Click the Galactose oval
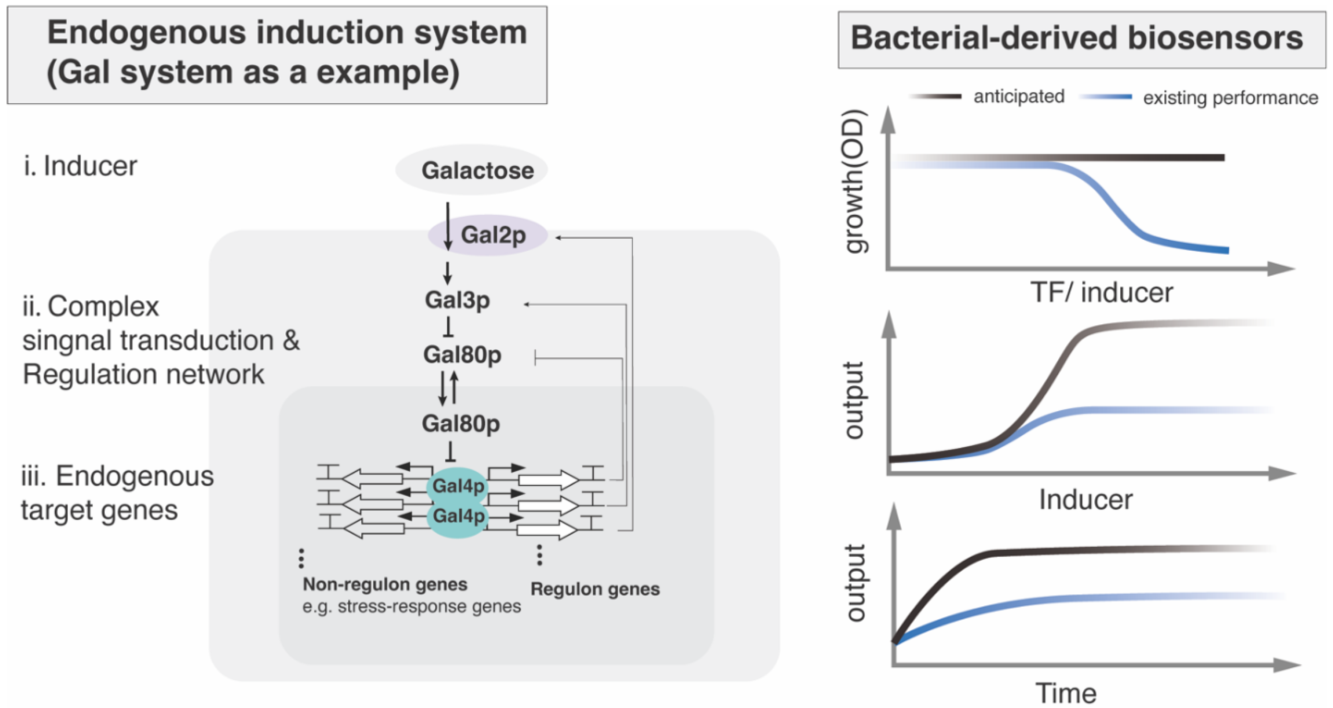click(472, 170)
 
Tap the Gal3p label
click(457, 300)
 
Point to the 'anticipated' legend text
click(1018, 97)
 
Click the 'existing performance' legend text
click(1230, 98)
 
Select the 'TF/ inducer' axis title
click(1101, 293)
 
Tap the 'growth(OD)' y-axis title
click(854, 181)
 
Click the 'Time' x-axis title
click(1065, 693)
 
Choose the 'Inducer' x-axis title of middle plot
click(1085, 499)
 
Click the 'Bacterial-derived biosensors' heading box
click(1081, 39)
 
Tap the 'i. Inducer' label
click(80, 166)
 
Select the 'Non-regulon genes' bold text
click(384, 585)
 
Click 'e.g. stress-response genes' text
click(411, 606)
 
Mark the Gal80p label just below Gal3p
click(462, 355)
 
